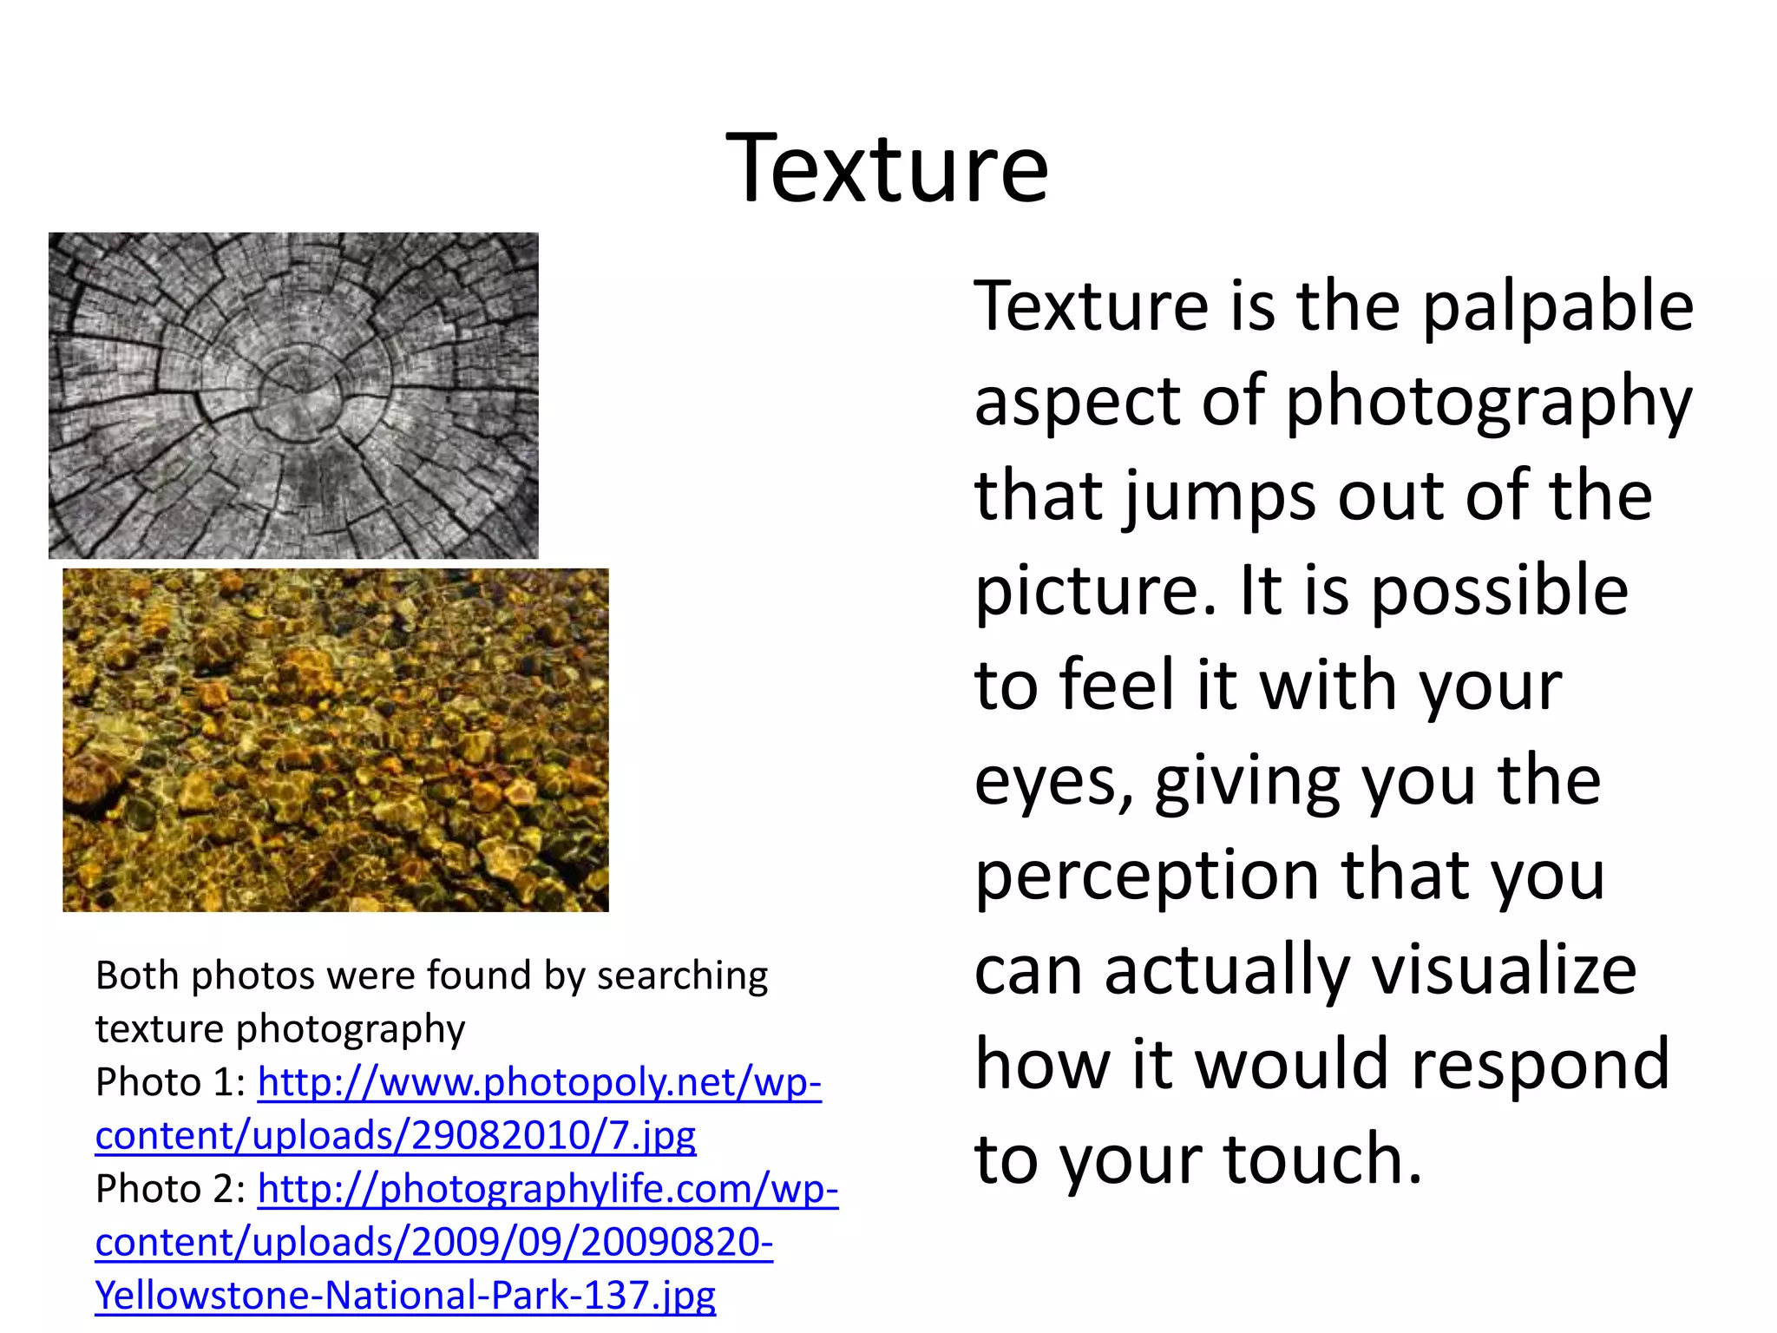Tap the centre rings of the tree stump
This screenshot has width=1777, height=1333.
click(299, 397)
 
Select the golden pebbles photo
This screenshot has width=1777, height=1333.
click(336, 739)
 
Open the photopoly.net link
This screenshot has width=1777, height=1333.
click(539, 1083)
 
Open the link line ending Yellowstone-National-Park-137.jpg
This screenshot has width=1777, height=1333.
click(405, 1296)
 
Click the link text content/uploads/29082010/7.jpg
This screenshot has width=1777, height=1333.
click(395, 1136)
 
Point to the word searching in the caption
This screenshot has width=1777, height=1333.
click(682, 976)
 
